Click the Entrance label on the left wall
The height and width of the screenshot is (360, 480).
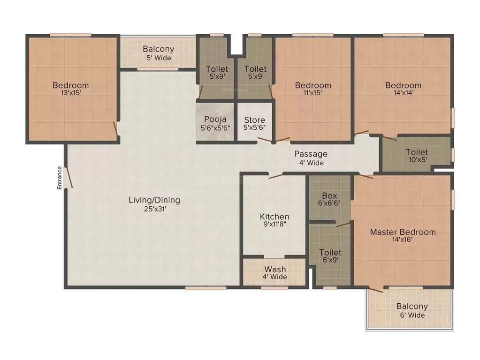click(x=60, y=178)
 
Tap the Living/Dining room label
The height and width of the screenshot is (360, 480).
click(x=154, y=200)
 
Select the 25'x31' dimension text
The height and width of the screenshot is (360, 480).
click(x=154, y=209)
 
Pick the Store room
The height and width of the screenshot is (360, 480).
click(x=254, y=123)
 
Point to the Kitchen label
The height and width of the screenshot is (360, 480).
click(x=274, y=217)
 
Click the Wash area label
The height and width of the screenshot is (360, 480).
click(x=274, y=270)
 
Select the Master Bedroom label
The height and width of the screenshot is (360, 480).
click(x=403, y=232)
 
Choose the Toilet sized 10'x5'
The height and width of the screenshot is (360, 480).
click(x=417, y=156)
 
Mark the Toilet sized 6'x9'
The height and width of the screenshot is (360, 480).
click(x=330, y=256)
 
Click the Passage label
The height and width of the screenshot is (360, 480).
click(x=311, y=154)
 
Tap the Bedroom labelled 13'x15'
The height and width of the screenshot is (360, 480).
click(x=70, y=89)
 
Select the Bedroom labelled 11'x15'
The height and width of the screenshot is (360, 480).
click(x=313, y=89)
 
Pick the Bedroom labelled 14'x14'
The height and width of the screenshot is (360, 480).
click(x=403, y=89)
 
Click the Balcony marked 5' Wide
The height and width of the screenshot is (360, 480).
click(x=158, y=53)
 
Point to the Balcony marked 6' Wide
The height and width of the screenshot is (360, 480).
click(x=412, y=310)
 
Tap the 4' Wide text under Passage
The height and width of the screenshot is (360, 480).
click(x=311, y=163)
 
